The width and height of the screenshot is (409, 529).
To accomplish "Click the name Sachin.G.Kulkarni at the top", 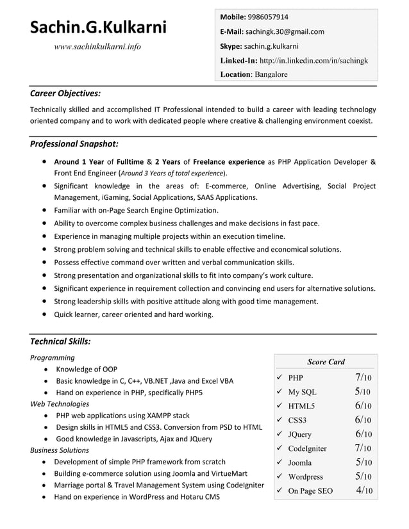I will click(98, 27).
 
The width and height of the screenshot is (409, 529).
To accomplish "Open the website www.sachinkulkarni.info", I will click(97, 46).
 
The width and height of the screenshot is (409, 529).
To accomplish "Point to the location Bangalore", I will click(271, 74).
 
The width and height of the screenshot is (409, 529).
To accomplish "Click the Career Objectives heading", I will click(65, 93).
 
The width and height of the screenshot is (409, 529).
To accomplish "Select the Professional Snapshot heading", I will click(74, 143).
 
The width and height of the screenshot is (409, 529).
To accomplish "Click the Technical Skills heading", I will click(60, 341).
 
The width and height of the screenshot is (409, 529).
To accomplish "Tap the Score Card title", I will click(326, 362).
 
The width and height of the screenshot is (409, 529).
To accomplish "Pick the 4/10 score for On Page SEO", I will click(363, 491).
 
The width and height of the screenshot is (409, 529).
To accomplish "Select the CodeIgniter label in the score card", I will click(307, 448).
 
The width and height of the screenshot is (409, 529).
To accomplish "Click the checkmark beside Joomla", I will click(280, 462).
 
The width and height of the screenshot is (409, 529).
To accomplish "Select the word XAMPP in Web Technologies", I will click(155, 416).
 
